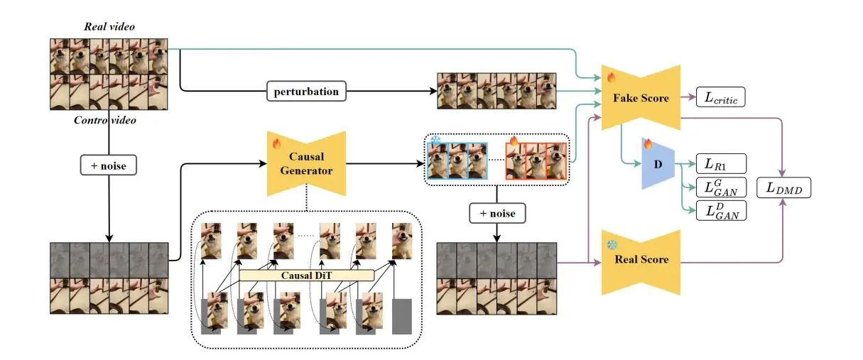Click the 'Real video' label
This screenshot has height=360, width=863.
tap(109, 27)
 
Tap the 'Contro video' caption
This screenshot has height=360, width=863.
tap(105, 120)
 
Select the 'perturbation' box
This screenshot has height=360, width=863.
tap(307, 91)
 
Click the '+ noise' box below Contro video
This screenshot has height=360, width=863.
tap(109, 166)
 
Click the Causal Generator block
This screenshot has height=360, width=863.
tap(305, 164)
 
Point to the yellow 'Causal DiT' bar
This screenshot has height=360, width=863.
tap(306, 275)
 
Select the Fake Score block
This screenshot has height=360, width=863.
tap(641, 98)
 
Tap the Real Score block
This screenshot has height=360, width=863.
tap(641, 259)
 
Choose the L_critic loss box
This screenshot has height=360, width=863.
tap(721, 99)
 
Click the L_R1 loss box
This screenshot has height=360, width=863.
tap(721, 163)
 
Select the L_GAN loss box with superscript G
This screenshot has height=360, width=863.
tap(721, 187)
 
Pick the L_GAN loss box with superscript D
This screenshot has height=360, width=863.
tap(721, 210)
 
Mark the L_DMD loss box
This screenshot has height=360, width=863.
tap(783, 189)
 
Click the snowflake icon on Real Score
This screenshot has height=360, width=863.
tap(611, 244)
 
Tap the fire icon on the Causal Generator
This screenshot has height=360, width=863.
tap(277, 143)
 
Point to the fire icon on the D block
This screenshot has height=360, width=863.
tap(648, 143)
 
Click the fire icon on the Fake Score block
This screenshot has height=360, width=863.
tap(609, 77)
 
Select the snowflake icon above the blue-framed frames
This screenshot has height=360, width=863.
tap(437, 139)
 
